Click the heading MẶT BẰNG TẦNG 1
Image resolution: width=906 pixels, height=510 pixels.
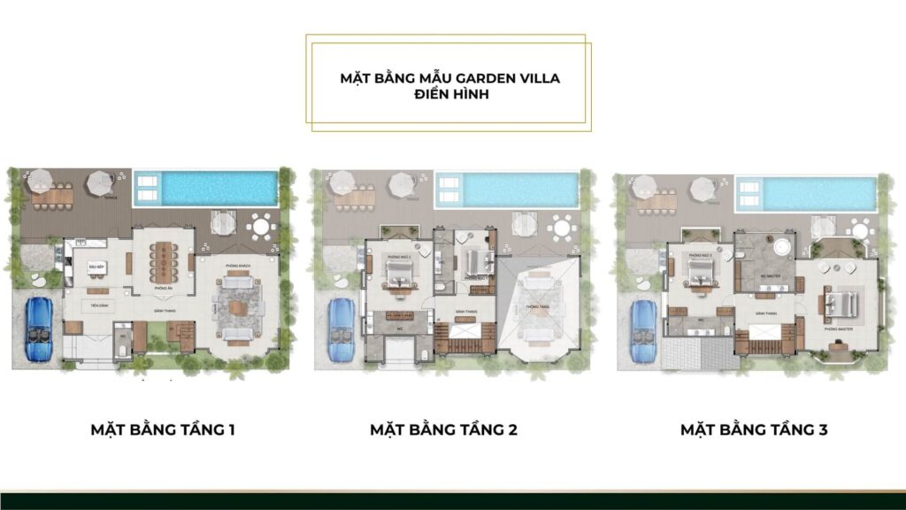[x=162, y=430]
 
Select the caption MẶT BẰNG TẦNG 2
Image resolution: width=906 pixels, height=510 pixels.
[x=443, y=430]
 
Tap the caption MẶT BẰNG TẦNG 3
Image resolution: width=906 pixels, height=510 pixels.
[x=754, y=430]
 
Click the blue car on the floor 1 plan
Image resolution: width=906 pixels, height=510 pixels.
[x=39, y=328]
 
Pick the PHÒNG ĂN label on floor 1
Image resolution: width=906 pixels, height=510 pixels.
[x=163, y=289]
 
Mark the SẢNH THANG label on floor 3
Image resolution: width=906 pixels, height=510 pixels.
[x=765, y=314]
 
